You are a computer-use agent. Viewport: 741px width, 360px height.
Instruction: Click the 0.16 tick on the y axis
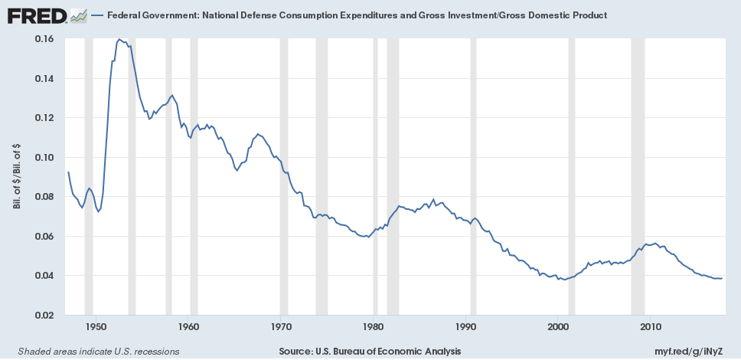click(43, 39)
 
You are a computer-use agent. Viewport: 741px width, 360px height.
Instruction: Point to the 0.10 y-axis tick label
click(43, 157)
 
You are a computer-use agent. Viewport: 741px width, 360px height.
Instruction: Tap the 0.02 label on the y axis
click(43, 315)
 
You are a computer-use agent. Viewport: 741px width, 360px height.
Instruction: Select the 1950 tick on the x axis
click(95, 327)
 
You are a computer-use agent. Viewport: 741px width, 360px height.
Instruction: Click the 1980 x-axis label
click(373, 327)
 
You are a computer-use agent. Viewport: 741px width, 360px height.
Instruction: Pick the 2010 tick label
click(651, 327)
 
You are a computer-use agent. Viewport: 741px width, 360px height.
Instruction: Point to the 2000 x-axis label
click(558, 327)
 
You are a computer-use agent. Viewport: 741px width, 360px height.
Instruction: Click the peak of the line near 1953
click(119, 38)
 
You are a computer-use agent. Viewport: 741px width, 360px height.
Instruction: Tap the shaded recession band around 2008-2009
click(638, 176)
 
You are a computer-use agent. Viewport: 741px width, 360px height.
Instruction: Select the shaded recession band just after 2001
click(572, 176)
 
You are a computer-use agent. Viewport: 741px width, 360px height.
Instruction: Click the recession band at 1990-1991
click(473, 176)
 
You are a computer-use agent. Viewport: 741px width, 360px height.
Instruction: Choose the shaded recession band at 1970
click(284, 176)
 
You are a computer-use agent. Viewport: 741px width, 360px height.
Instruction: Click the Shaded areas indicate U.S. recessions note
click(93, 351)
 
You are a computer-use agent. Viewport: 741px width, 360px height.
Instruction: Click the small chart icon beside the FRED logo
click(77, 15)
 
